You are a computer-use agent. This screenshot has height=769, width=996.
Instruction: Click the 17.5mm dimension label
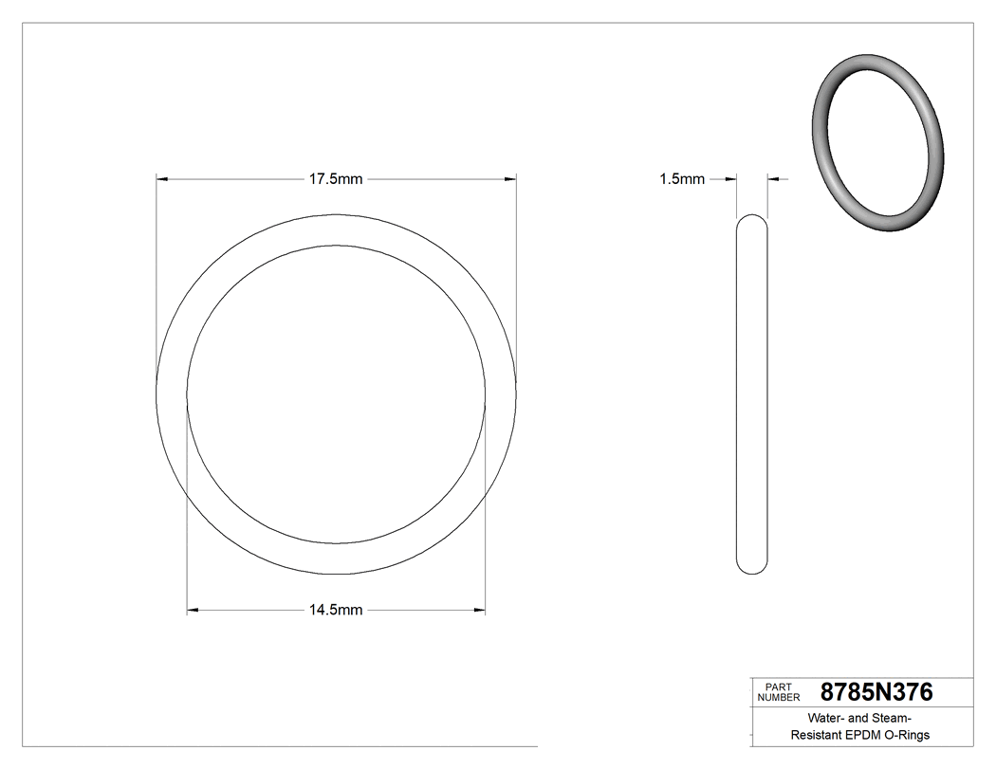click(336, 178)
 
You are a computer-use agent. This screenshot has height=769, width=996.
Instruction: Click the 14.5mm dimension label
click(336, 610)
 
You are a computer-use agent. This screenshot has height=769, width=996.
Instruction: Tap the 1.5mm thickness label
click(682, 178)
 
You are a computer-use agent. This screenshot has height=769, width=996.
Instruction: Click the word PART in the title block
click(777, 687)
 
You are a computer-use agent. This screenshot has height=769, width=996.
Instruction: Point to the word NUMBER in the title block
click(780, 698)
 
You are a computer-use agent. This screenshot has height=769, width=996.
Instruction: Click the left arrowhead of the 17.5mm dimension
click(161, 178)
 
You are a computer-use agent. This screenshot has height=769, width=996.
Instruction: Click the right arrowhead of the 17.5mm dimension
click(510, 178)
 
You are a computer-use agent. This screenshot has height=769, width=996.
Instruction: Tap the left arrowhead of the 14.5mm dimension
click(193, 610)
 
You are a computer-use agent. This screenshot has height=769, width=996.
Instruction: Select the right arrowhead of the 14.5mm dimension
click(480, 610)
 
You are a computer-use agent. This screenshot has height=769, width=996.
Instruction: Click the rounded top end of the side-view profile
click(752, 222)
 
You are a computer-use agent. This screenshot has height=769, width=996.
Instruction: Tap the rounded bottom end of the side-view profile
click(752, 567)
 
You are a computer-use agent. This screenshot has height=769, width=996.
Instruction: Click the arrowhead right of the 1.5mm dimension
click(773, 178)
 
